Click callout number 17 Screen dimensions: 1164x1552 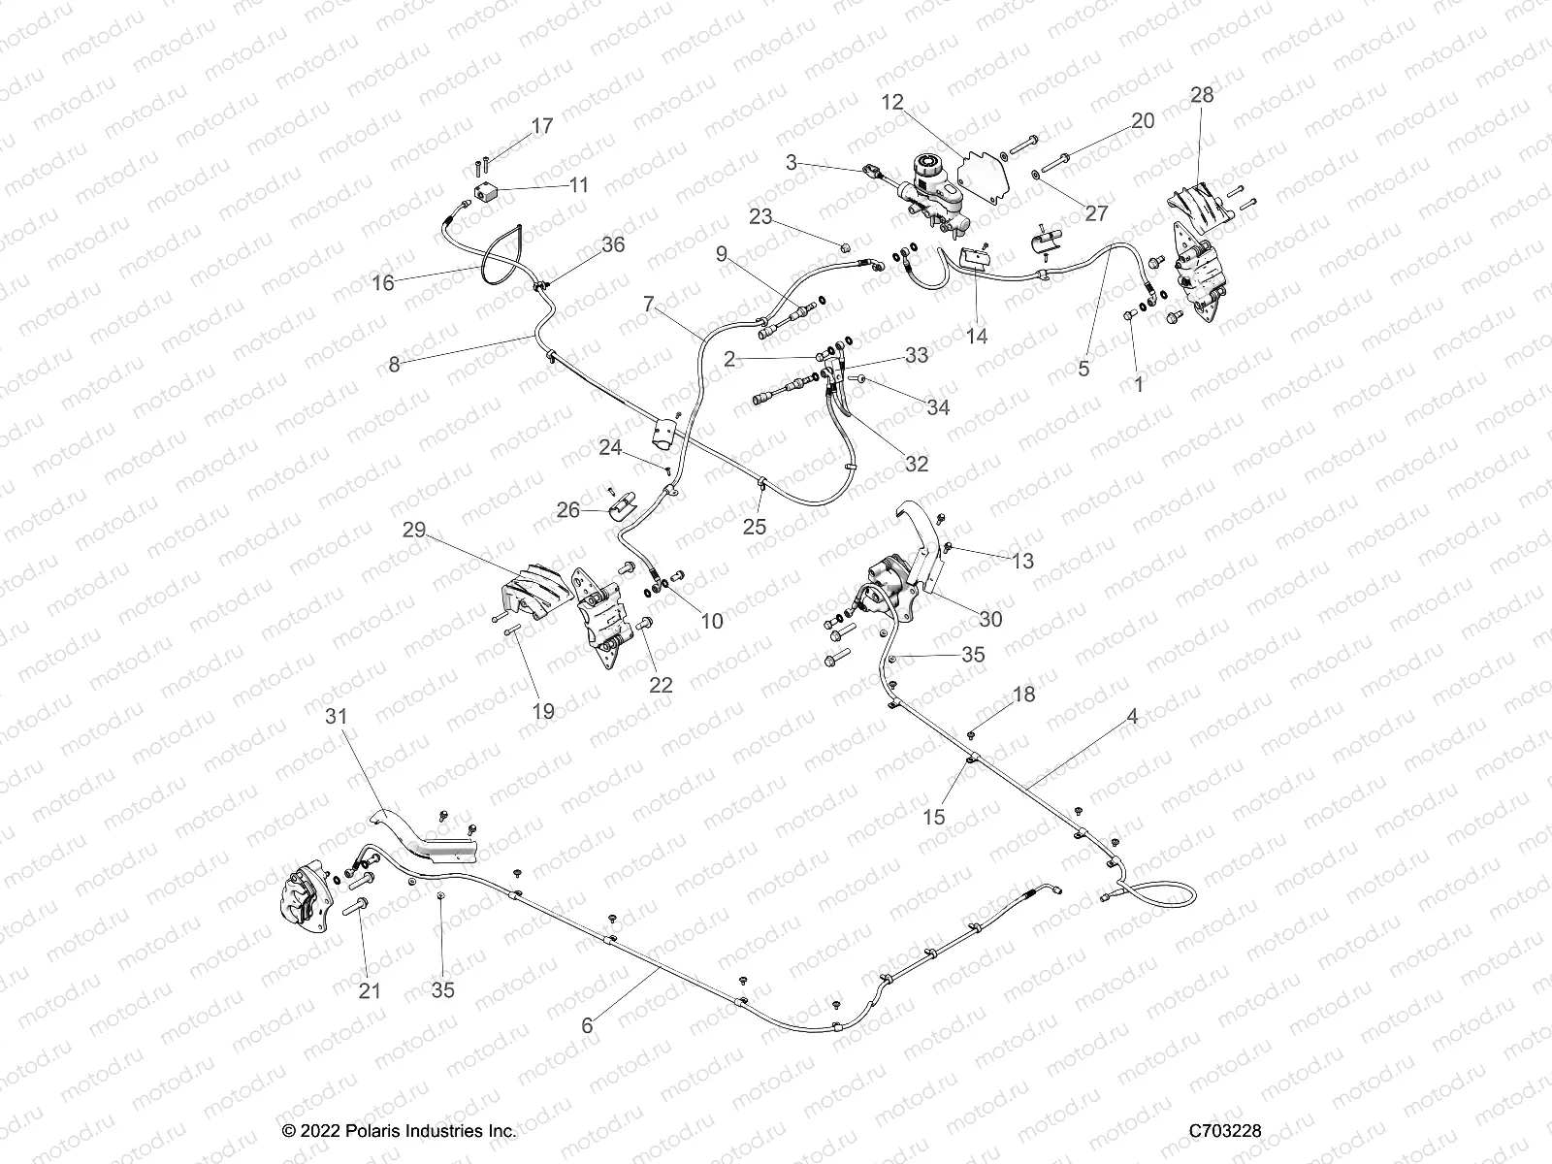pos(541,126)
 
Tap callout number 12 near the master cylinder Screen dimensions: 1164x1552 pos(892,101)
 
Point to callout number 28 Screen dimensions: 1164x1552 pos(1202,95)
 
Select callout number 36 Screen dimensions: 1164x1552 pos(613,245)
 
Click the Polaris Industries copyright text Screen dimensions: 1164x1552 pos(399,1131)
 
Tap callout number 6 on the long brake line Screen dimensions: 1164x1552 pos(586,1024)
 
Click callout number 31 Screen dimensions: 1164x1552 pos(335,716)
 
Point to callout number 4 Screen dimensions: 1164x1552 pos(1131,717)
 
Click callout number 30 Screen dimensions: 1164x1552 pos(990,619)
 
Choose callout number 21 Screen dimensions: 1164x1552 pos(370,990)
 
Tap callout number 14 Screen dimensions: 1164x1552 pos(977,336)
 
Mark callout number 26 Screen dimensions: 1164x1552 pos(567,509)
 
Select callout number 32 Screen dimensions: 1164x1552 pos(917,464)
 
